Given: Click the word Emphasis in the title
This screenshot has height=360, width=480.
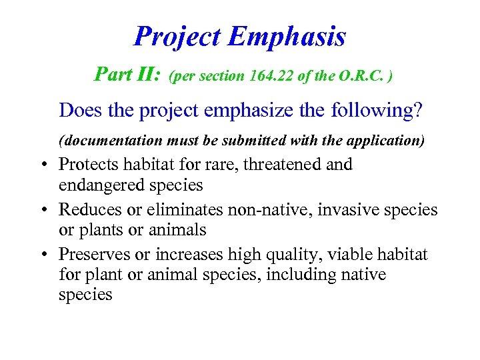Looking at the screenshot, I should pyautogui.click(x=287, y=37).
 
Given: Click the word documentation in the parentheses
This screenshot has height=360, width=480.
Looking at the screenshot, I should pyautogui.click(x=110, y=141).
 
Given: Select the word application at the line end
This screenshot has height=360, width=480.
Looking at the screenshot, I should pyautogui.click(x=391, y=141).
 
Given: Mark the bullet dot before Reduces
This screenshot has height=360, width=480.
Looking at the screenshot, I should pyautogui.click(x=41, y=211).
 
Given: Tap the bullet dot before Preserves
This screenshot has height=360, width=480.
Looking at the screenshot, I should pyautogui.click(x=41, y=256).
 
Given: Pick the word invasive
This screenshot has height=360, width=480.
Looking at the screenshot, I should pyautogui.click(x=347, y=209).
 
